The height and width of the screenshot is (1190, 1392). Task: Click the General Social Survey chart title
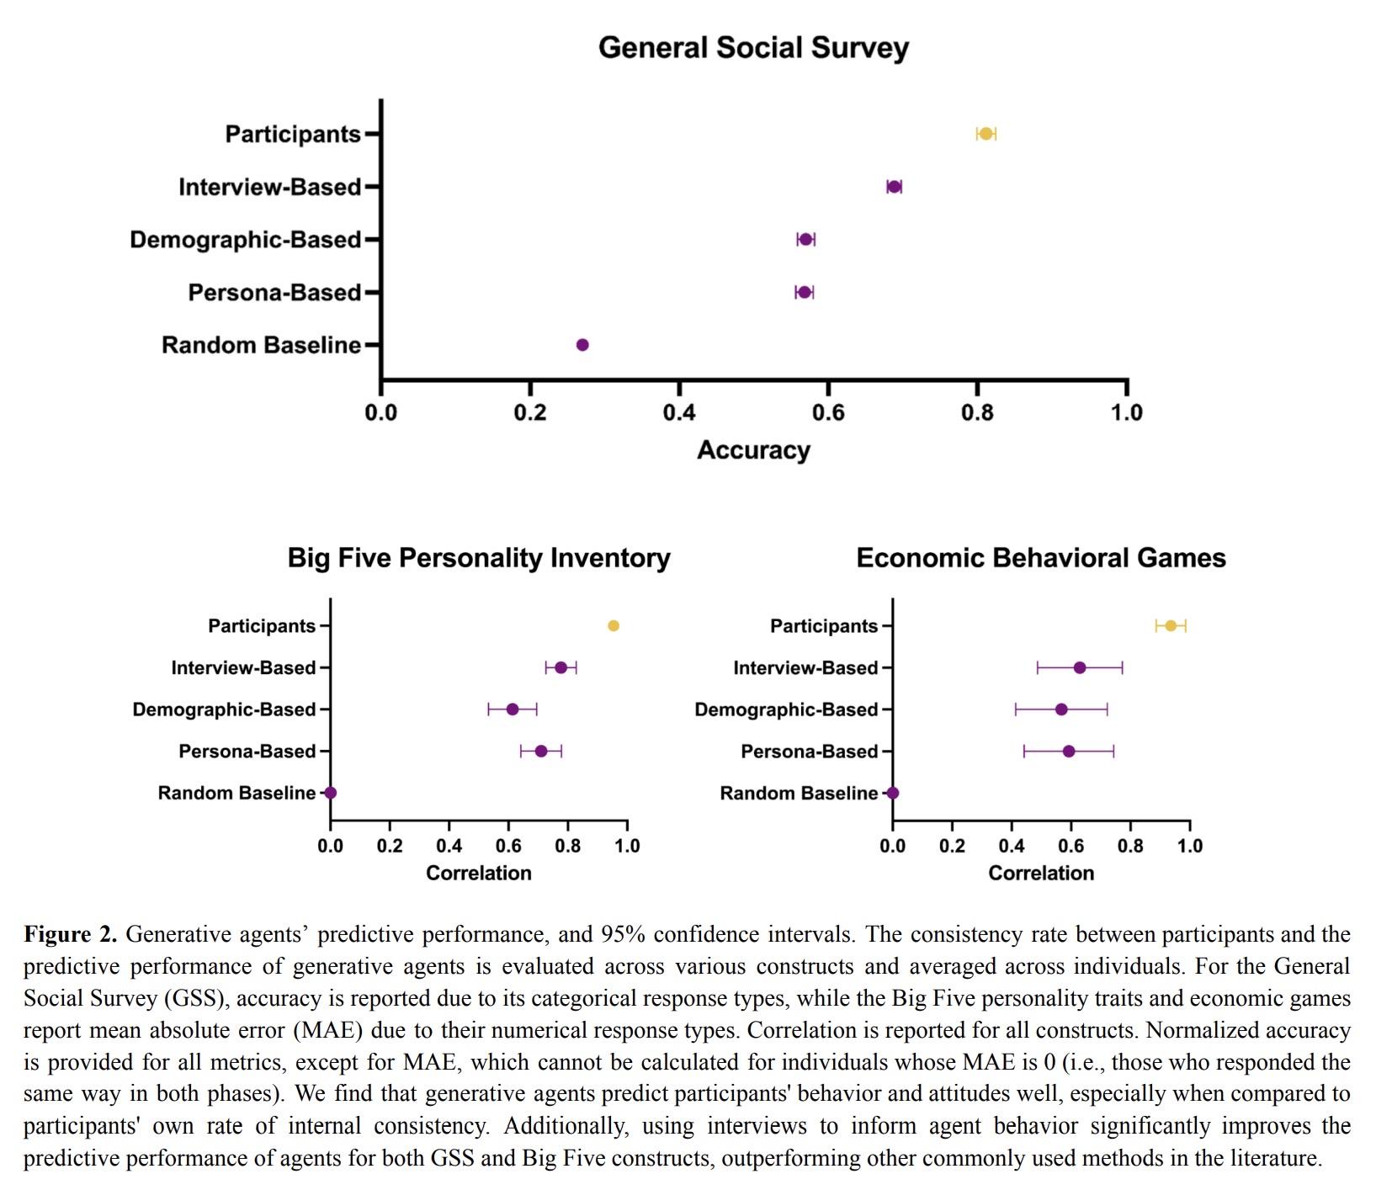tap(753, 48)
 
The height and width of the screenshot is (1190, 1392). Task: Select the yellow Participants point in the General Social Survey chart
tap(986, 134)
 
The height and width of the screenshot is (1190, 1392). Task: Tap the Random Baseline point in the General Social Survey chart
tap(582, 344)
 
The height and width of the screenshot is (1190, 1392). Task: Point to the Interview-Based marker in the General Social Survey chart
tap(894, 187)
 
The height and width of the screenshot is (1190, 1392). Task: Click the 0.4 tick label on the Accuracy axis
tap(679, 412)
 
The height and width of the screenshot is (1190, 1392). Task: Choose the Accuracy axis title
tap(753, 450)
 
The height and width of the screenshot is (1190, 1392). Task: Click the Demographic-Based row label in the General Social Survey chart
tap(245, 240)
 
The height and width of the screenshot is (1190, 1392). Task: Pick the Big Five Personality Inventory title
tap(479, 558)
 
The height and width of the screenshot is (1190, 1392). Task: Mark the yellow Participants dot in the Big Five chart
tap(614, 625)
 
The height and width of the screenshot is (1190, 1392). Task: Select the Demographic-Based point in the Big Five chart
tap(513, 709)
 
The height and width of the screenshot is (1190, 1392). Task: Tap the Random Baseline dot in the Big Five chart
tap(331, 793)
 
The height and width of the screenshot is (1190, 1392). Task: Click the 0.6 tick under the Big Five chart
tap(508, 846)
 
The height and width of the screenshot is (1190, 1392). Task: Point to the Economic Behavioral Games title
tap(1041, 558)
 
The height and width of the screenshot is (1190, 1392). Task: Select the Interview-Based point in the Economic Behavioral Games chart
tap(1080, 667)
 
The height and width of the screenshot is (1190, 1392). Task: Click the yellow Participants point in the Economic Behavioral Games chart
tap(1171, 625)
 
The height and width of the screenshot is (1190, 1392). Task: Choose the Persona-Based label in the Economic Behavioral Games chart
tap(809, 752)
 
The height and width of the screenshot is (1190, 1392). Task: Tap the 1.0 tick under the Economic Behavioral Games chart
tap(1189, 846)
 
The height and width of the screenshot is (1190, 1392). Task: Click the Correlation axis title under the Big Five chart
tap(479, 873)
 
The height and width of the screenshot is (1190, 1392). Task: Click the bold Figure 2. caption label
tap(70, 934)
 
